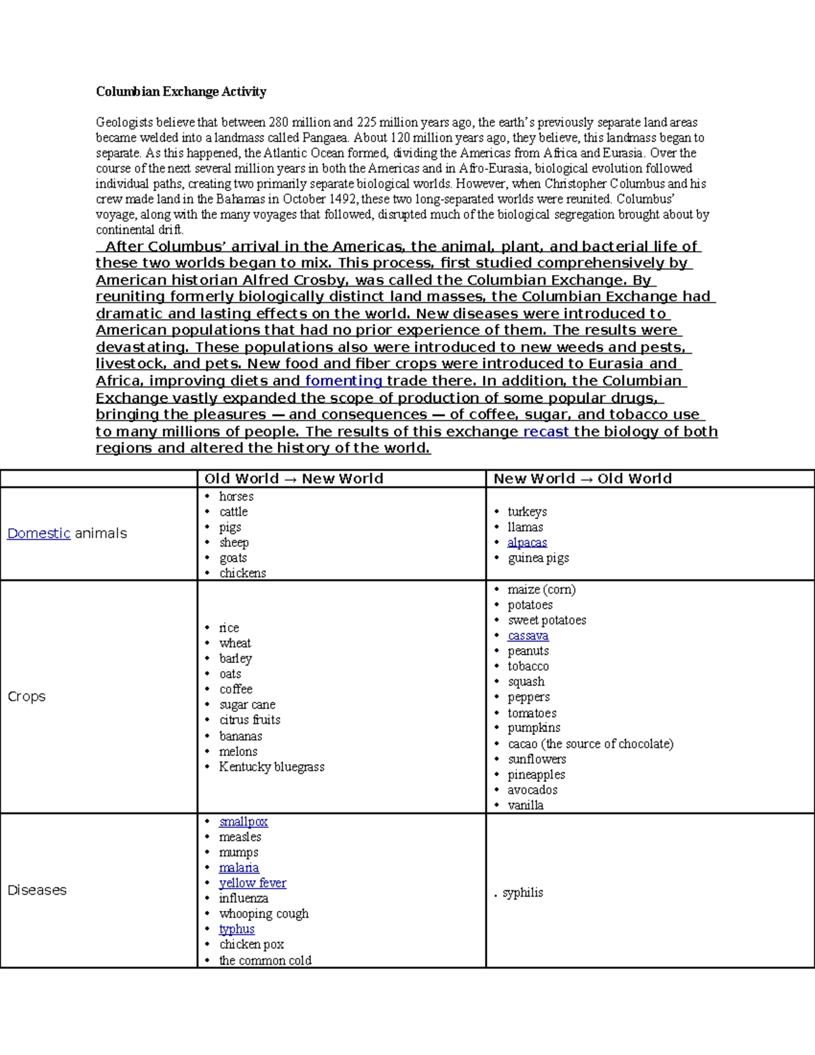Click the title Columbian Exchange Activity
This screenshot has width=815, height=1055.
point(181,92)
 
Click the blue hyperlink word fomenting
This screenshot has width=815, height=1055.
point(343,381)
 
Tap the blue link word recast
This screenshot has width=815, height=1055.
point(545,432)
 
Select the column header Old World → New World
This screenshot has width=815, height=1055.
point(293,479)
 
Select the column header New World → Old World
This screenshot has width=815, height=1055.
point(582,479)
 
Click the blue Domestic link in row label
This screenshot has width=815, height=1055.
point(39,534)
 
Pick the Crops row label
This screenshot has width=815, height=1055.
point(26,697)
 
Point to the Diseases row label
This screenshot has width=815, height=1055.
point(37,891)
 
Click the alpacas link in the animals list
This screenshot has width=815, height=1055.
point(527,543)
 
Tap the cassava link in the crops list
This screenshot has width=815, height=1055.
point(528,636)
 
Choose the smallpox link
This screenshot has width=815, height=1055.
point(243,822)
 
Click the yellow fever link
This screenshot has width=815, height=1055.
point(252,883)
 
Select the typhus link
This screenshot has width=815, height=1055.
point(236,929)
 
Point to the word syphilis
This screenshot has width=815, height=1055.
point(522,893)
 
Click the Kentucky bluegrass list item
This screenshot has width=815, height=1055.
point(271,767)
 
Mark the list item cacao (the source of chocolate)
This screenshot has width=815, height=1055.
point(590,744)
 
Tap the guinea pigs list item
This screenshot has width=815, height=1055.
point(538,558)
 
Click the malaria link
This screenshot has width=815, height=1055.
point(238,868)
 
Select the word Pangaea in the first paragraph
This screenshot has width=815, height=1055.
point(325,138)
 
